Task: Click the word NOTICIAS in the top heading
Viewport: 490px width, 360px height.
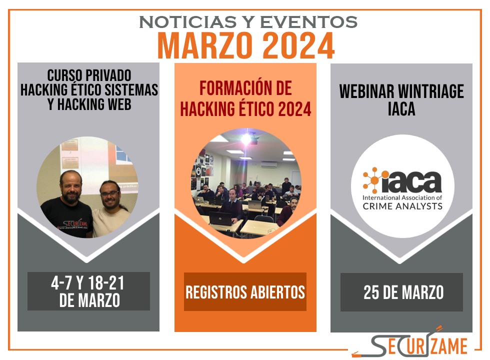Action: [188, 22]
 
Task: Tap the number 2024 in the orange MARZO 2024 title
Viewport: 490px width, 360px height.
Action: [299, 46]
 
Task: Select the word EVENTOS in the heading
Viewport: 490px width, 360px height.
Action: [309, 22]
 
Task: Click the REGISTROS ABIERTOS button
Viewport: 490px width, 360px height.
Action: [245, 291]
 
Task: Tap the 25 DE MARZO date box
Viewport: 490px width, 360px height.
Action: [401, 292]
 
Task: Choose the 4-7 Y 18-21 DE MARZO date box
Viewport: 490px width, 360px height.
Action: [89, 291]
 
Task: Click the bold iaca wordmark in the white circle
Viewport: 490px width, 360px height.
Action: [411, 182]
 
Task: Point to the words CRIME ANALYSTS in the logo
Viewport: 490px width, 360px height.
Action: [402, 206]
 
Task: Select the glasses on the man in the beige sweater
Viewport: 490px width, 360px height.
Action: [109, 194]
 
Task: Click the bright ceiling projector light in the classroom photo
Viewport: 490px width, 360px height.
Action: [246, 139]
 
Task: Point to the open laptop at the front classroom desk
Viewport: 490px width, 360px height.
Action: [220, 218]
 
